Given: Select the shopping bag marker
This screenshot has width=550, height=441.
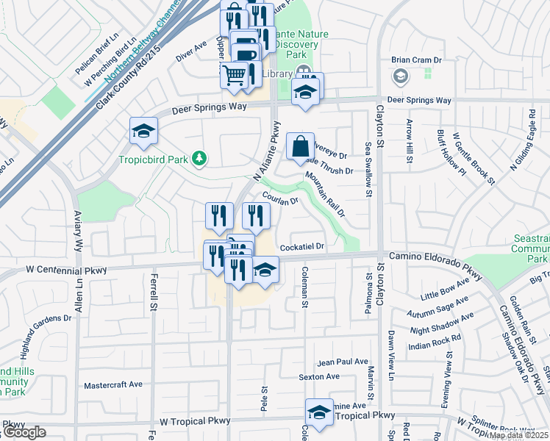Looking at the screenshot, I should (x=301, y=146).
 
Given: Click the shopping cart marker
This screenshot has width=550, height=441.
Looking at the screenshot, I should (x=235, y=75).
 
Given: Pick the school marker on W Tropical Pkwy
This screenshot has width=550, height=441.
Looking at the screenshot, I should (x=319, y=413).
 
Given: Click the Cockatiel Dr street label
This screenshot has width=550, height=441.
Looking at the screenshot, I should (x=301, y=247).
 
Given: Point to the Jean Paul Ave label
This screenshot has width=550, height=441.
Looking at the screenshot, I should (x=342, y=362).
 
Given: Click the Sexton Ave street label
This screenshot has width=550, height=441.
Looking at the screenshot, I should (x=318, y=376).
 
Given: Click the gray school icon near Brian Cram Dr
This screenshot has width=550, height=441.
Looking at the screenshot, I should (x=400, y=76).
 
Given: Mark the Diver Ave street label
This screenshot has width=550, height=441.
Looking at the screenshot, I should (x=191, y=51).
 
